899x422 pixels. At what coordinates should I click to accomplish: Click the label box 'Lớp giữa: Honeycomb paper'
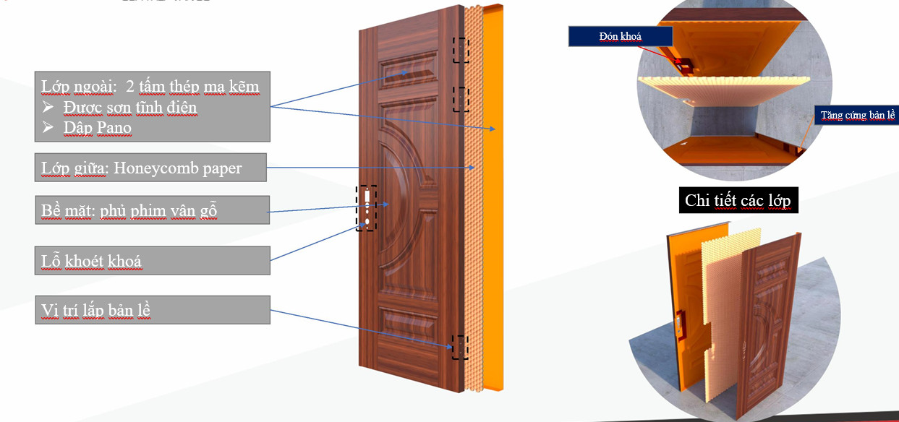pyautogui.click(x=150, y=167)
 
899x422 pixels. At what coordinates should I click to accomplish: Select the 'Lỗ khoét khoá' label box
pyautogui.click(x=153, y=260)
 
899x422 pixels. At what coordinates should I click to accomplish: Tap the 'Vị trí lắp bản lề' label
pyautogui.click(x=153, y=310)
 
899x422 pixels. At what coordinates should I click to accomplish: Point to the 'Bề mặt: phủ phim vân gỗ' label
pyautogui.click(x=153, y=210)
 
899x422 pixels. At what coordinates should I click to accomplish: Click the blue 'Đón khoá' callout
pyautogui.click(x=621, y=37)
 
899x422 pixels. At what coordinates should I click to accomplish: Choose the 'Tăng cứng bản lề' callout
pyautogui.click(x=857, y=115)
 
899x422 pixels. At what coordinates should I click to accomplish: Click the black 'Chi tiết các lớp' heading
pyautogui.click(x=738, y=199)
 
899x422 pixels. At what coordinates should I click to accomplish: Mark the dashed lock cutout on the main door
pyautogui.click(x=366, y=208)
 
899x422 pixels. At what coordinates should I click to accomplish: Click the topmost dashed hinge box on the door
pyautogui.click(x=461, y=50)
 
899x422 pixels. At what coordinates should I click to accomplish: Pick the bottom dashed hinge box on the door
pyautogui.click(x=460, y=347)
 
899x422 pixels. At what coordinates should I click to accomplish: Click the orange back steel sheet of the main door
pyautogui.click(x=493, y=197)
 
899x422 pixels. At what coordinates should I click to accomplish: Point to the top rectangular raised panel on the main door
pyautogui.click(x=408, y=71)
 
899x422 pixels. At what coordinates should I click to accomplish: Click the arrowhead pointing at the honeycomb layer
pyautogui.click(x=472, y=167)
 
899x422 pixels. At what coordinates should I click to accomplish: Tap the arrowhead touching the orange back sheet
pyautogui.click(x=493, y=129)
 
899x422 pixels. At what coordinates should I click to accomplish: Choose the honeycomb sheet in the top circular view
pyautogui.click(x=724, y=90)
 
